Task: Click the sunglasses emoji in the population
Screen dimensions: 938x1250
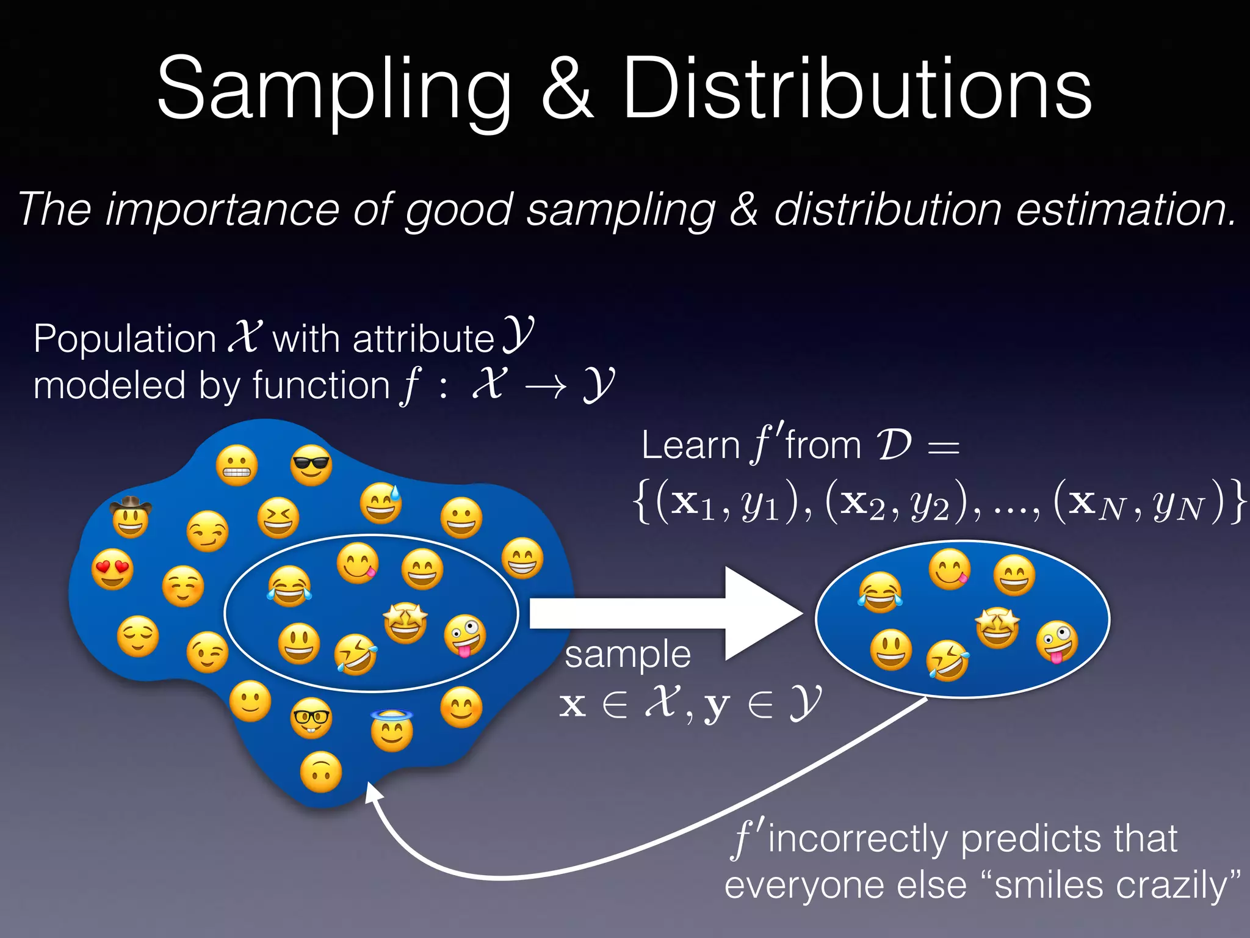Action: tap(311, 465)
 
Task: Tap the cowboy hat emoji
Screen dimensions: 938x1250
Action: tap(131, 517)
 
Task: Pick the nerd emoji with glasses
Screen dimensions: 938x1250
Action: tap(311, 718)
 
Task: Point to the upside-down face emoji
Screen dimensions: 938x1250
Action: tap(321, 773)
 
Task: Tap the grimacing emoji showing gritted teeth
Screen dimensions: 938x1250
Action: tap(237, 465)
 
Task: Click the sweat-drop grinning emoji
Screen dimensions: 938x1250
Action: tap(381, 504)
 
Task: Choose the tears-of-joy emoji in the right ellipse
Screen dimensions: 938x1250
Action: tap(880, 592)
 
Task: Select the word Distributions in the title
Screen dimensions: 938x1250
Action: tap(857, 89)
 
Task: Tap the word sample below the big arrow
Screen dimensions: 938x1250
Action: tap(627, 655)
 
